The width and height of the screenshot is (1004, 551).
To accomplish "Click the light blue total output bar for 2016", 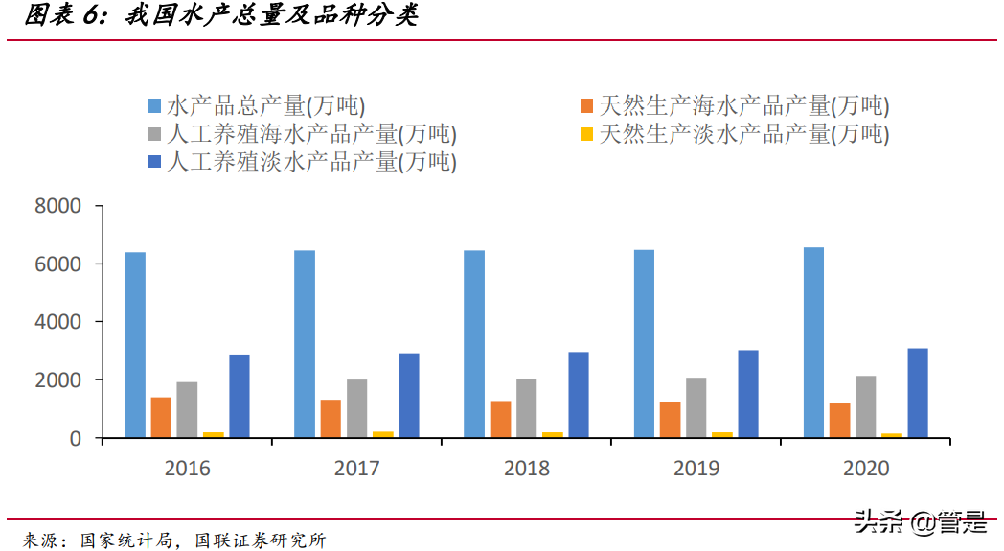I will tap(135, 345).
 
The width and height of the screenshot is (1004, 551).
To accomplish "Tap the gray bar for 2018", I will tap(526, 408).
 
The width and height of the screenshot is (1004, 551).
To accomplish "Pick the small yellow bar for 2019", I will tap(722, 435).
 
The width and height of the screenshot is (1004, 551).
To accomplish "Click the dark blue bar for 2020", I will tap(917, 393).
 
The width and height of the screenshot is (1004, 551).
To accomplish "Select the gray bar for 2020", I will tap(865, 406).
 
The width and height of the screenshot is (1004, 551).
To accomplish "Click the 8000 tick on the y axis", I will tap(58, 206).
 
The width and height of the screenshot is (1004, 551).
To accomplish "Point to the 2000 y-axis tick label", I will tap(58, 380).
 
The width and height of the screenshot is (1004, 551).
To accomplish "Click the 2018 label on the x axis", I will tap(526, 469).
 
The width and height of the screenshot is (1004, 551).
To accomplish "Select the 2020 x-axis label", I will tap(866, 469).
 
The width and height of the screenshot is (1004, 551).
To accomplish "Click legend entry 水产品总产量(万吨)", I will tap(265, 105).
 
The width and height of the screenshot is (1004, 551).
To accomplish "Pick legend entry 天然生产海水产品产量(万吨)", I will tap(743, 105).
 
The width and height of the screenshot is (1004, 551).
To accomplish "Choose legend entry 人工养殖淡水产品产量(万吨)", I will tap(311, 162).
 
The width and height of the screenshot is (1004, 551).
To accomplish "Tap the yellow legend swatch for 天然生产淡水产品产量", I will tap(586, 134).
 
